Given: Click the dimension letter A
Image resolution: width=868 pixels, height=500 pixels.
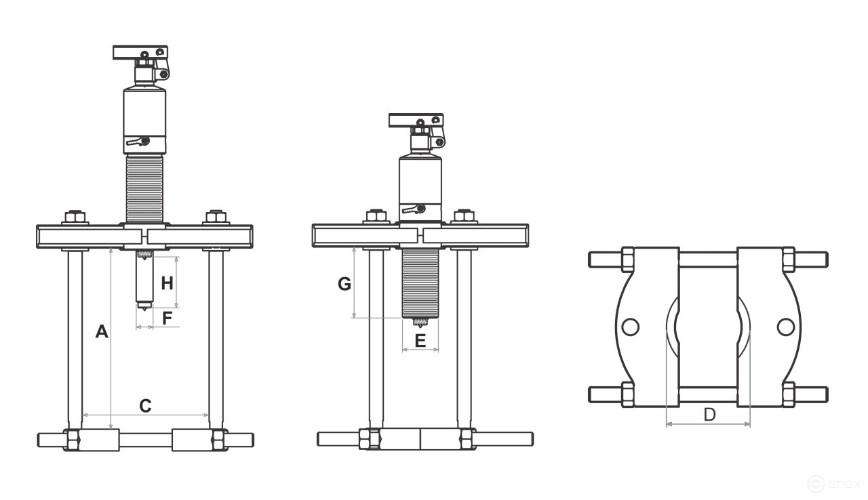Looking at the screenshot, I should click(101, 331).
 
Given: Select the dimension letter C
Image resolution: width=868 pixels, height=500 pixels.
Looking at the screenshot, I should click(145, 406).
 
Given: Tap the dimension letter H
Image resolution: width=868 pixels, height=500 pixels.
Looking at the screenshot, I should click(167, 283).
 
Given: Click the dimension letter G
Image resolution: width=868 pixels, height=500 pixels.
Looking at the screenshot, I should click(344, 284).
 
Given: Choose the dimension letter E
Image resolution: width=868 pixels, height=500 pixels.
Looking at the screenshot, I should click(420, 340).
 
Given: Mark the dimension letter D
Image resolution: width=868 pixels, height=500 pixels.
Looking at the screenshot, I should click(709, 414).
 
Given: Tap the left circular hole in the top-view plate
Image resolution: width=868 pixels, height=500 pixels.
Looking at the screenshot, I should click(629, 327).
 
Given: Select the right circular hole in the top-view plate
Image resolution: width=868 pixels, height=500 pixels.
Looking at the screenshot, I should click(785, 327).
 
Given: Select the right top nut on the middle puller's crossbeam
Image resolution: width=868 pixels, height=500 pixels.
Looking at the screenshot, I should click(464, 217).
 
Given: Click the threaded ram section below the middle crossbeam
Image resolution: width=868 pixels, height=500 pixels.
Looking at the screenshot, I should click(420, 282).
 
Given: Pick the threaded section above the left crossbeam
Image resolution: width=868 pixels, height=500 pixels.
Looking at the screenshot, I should click(144, 188).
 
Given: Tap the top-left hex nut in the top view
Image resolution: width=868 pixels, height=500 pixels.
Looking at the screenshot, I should click(627, 259).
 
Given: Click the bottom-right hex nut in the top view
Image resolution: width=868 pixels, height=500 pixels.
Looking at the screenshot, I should click(788, 395).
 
